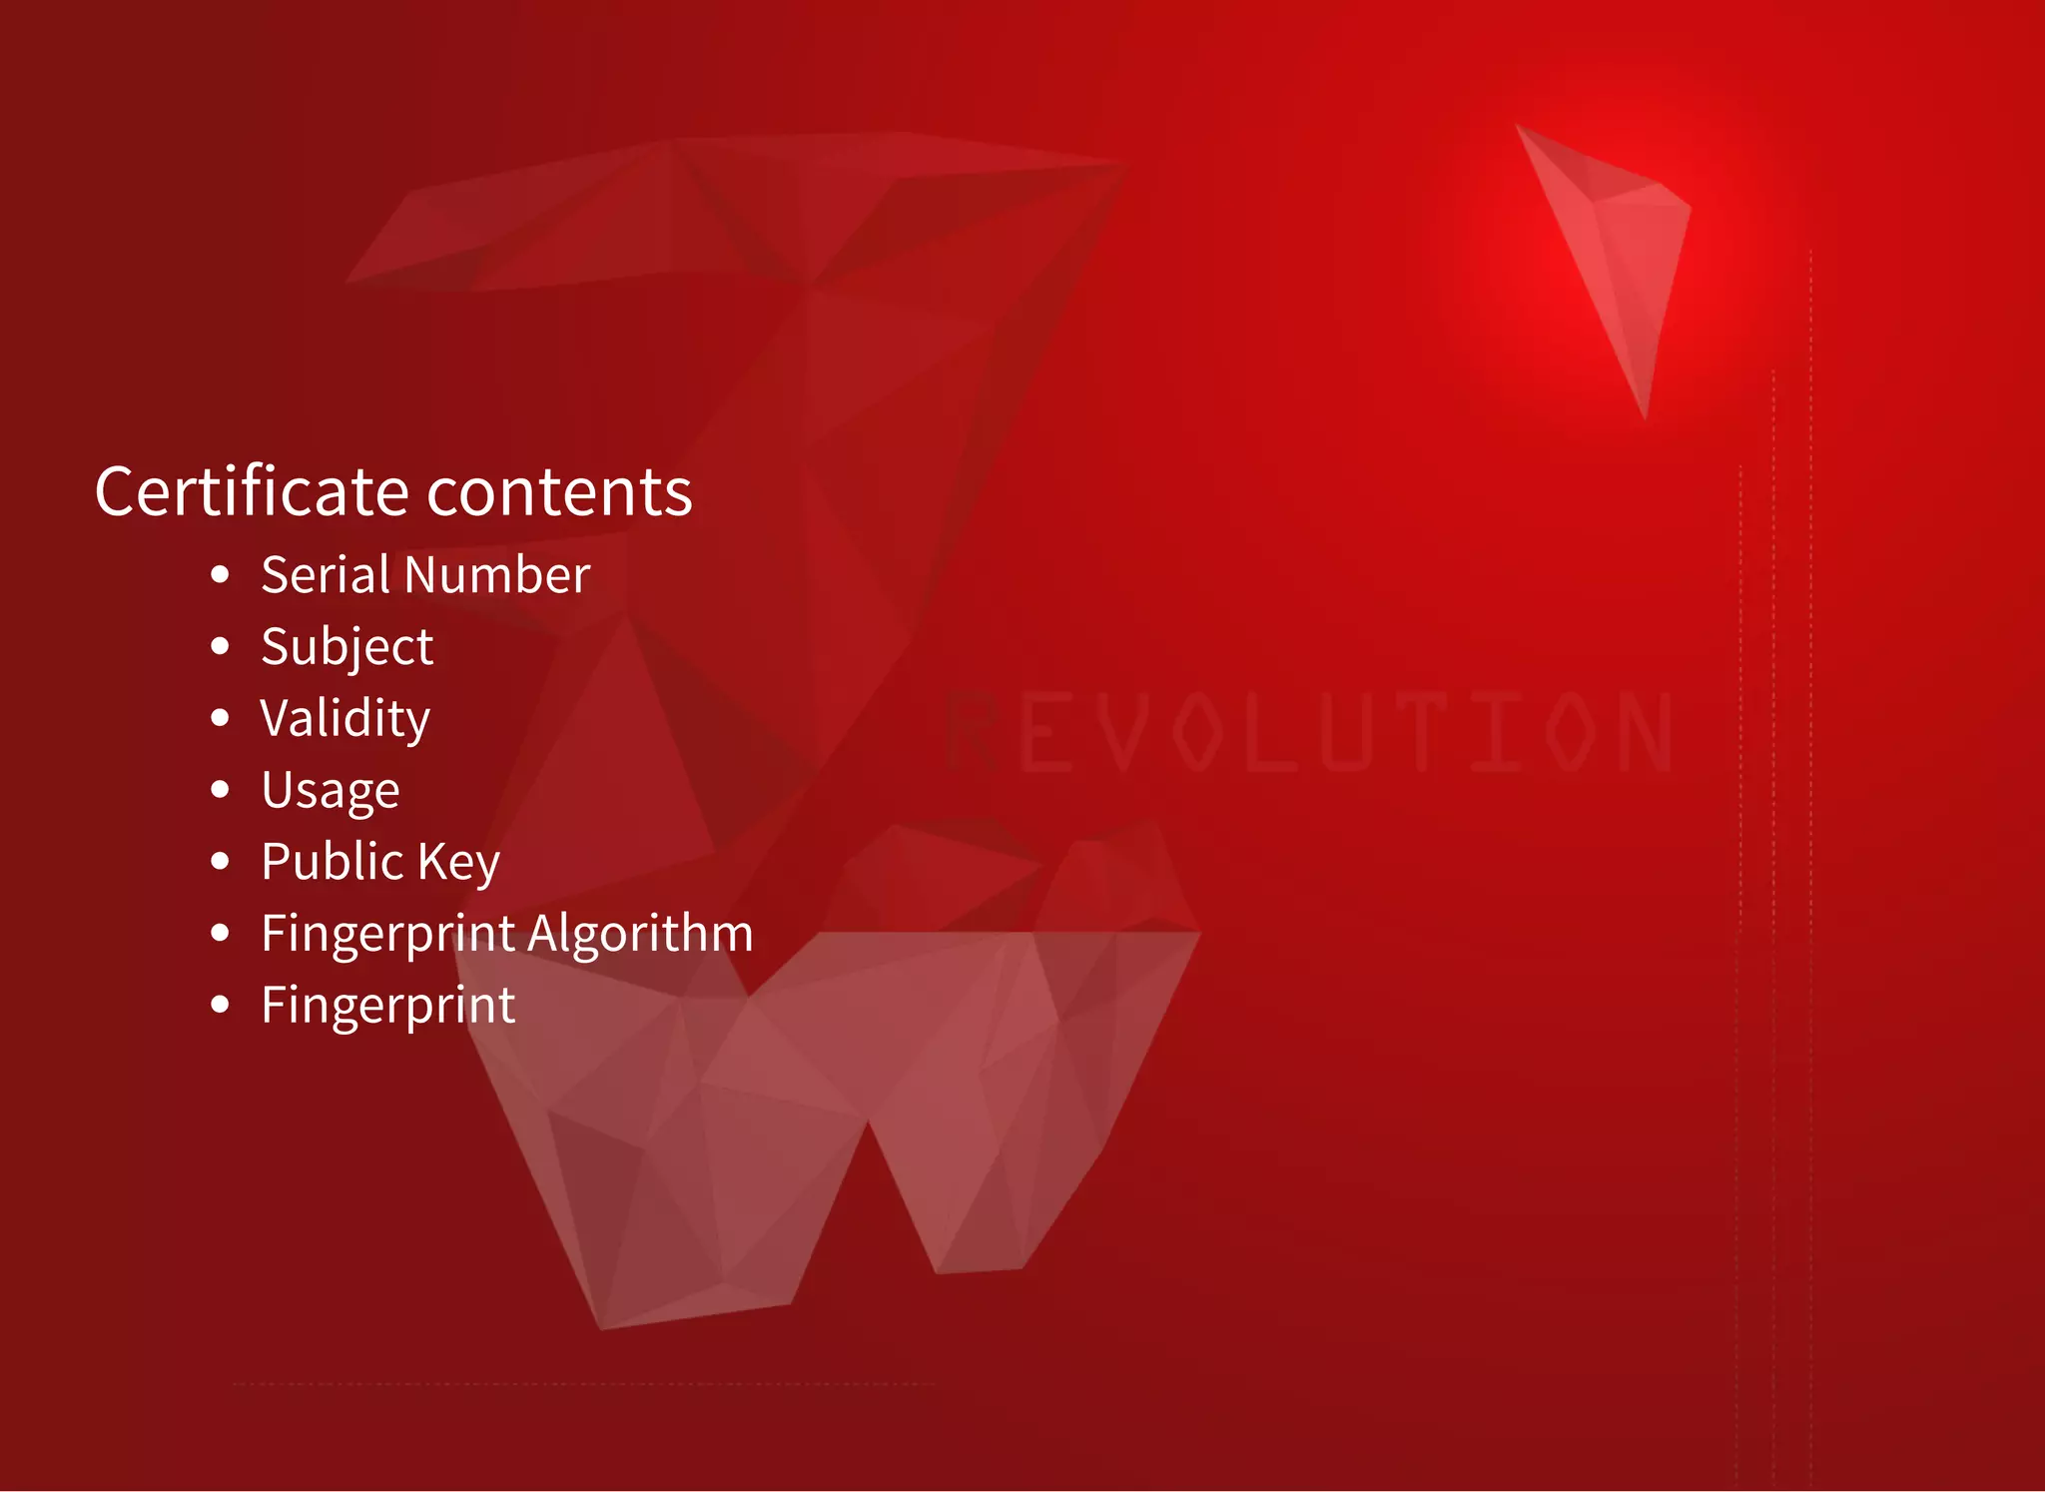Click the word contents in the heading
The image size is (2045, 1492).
point(559,493)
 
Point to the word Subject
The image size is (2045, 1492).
point(346,647)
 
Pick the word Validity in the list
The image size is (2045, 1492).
point(344,719)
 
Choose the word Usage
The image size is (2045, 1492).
point(330,791)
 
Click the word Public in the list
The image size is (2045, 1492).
point(331,861)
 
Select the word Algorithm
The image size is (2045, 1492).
point(640,934)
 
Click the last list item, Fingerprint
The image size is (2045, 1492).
point(387,1006)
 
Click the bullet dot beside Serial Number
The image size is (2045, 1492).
point(221,574)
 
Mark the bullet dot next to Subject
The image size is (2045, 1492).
point(221,646)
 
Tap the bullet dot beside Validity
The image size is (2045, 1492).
point(221,718)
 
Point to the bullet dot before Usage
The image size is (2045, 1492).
point(221,789)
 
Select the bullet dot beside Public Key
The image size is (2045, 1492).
point(221,861)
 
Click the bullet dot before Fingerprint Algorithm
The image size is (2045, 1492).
point(221,933)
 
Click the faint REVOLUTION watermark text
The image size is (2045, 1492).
point(1308,732)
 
